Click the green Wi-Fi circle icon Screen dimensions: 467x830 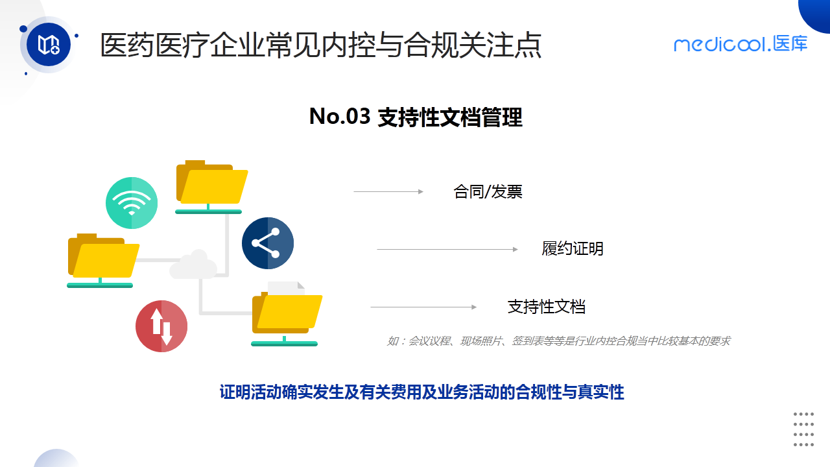[132, 202]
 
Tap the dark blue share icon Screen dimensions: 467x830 [267, 243]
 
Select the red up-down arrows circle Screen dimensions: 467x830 [161, 326]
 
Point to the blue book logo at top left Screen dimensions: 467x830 [49, 45]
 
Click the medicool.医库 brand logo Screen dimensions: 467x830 [741, 44]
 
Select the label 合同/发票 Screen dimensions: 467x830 [488, 192]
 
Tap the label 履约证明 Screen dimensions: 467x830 [573, 249]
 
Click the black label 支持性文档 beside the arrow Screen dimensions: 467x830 [546, 307]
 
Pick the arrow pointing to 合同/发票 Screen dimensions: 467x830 [388, 192]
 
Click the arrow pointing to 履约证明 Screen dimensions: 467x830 [447, 250]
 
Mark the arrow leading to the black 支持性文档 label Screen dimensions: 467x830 [423, 307]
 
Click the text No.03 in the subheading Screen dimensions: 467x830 [339, 117]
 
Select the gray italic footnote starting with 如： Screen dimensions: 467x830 [558, 341]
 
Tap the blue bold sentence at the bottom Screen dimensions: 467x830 [421, 392]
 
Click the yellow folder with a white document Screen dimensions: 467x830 [286, 313]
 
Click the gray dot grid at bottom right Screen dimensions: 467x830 [803, 429]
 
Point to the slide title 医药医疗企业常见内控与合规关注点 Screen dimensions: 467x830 [321, 47]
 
